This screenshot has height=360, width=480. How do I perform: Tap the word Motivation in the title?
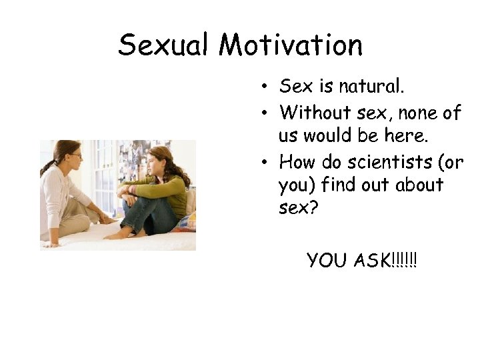(291, 45)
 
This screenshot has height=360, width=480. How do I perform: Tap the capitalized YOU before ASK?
(328, 261)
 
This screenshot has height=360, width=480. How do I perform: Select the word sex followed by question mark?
(299, 209)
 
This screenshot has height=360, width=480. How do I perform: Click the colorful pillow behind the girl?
(187, 220)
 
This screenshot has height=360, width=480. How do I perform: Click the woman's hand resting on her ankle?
(107, 219)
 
